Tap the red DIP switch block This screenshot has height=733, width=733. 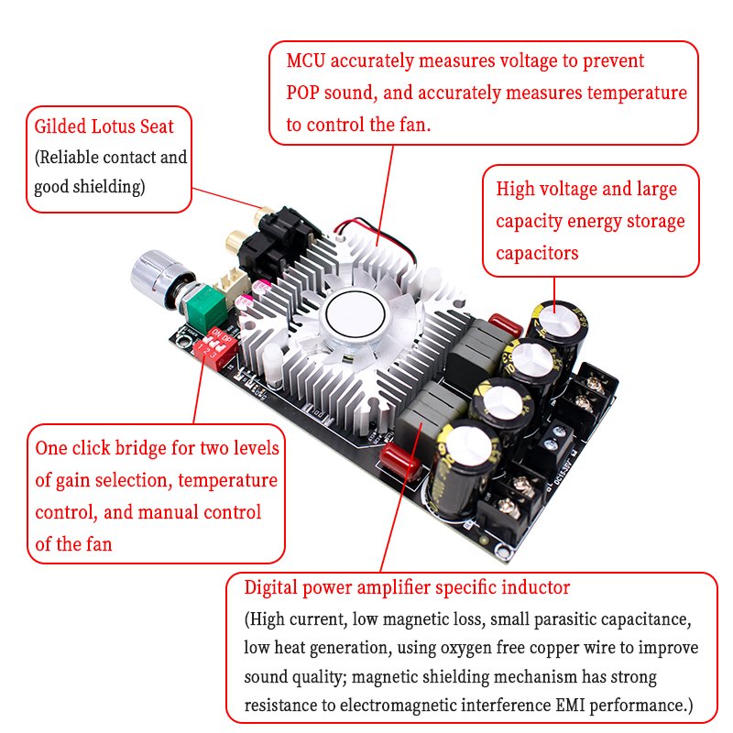(x=215, y=347)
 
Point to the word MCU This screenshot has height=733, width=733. (x=305, y=60)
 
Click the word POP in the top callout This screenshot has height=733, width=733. (x=302, y=93)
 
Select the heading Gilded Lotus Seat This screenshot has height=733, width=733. (x=104, y=126)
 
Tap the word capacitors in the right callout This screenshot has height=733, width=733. (x=537, y=254)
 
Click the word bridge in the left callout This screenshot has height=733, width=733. (x=141, y=448)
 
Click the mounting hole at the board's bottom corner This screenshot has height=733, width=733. (x=504, y=552)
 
